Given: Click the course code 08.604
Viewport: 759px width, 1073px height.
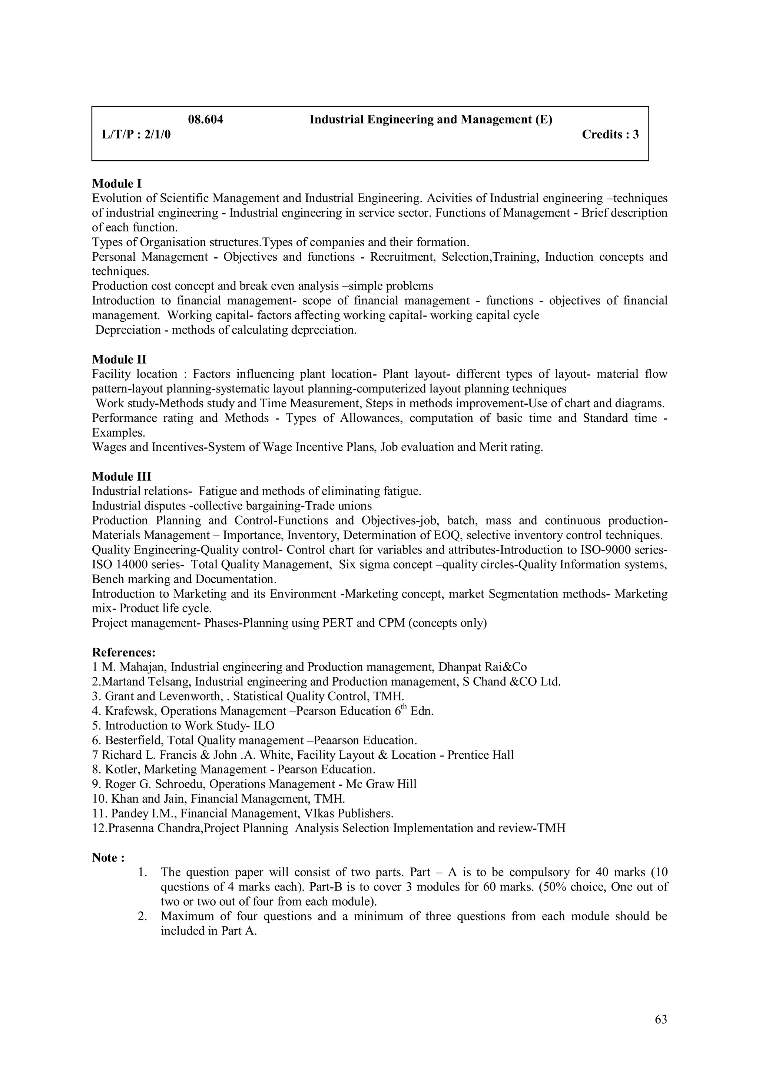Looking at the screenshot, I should (x=205, y=120).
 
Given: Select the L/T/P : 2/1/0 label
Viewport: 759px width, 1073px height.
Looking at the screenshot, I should (x=136, y=135).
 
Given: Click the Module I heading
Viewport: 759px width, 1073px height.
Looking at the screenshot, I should (x=116, y=184).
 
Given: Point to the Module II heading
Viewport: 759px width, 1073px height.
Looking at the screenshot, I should (x=119, y=360).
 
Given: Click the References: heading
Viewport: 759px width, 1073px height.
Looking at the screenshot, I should (x=123, y=652).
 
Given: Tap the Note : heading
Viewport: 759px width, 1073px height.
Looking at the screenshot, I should (x=108, y=858).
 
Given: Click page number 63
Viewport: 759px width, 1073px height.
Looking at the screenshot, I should (x=661, y=1020).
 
